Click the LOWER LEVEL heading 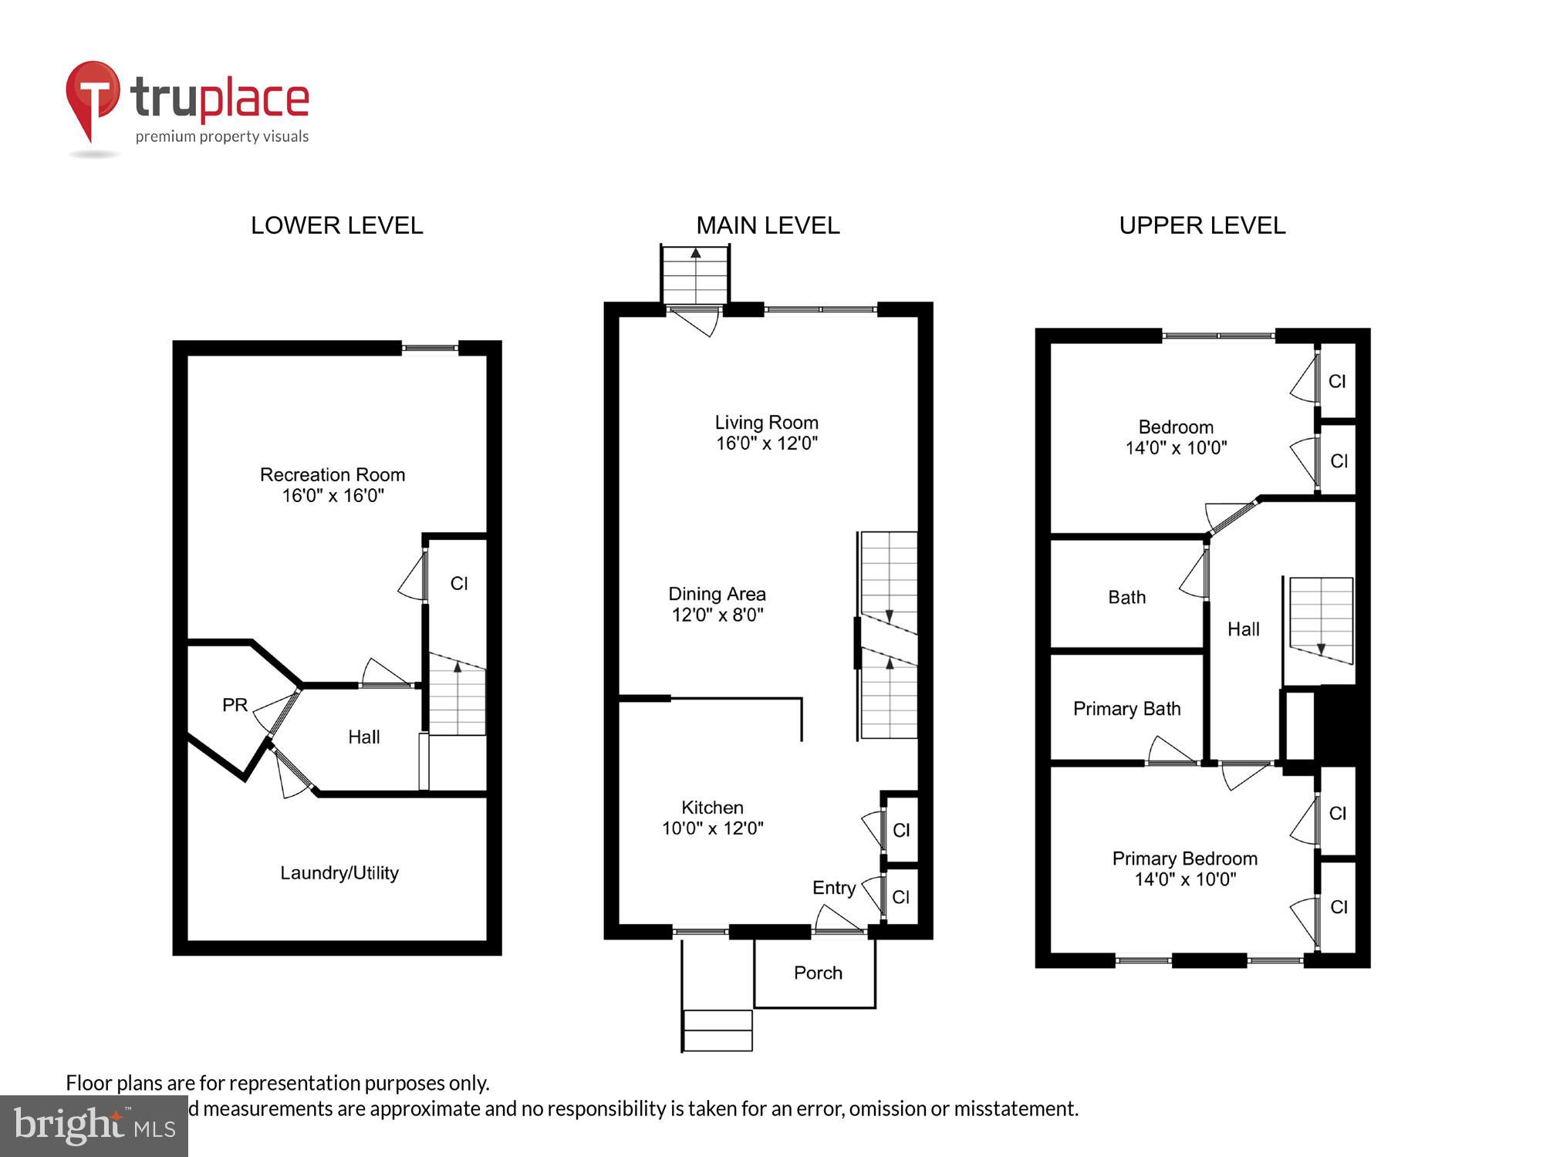(x=336, y=225)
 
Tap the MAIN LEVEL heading (x=768, y=225)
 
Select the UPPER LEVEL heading (x=1202, y=225)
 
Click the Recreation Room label (x=333, y=474)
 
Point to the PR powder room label (x=235, y=705)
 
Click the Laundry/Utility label (x=339, y=872)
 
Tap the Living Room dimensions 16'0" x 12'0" (x=766, y=444)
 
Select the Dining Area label (x=717, y=594)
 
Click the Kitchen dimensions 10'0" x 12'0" (x=712, y=828)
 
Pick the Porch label (x=818, y=973)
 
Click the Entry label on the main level (x=834, y=888)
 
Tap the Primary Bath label (x=1126, y=709)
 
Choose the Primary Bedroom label (x=1184, y=858)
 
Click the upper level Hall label (x=1243, y=629)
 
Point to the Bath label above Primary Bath (x=1126, y=597)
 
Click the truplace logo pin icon (x=93, y=96)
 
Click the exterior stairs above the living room (x=695, y=275)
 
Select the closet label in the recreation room (x=459, y=584)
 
